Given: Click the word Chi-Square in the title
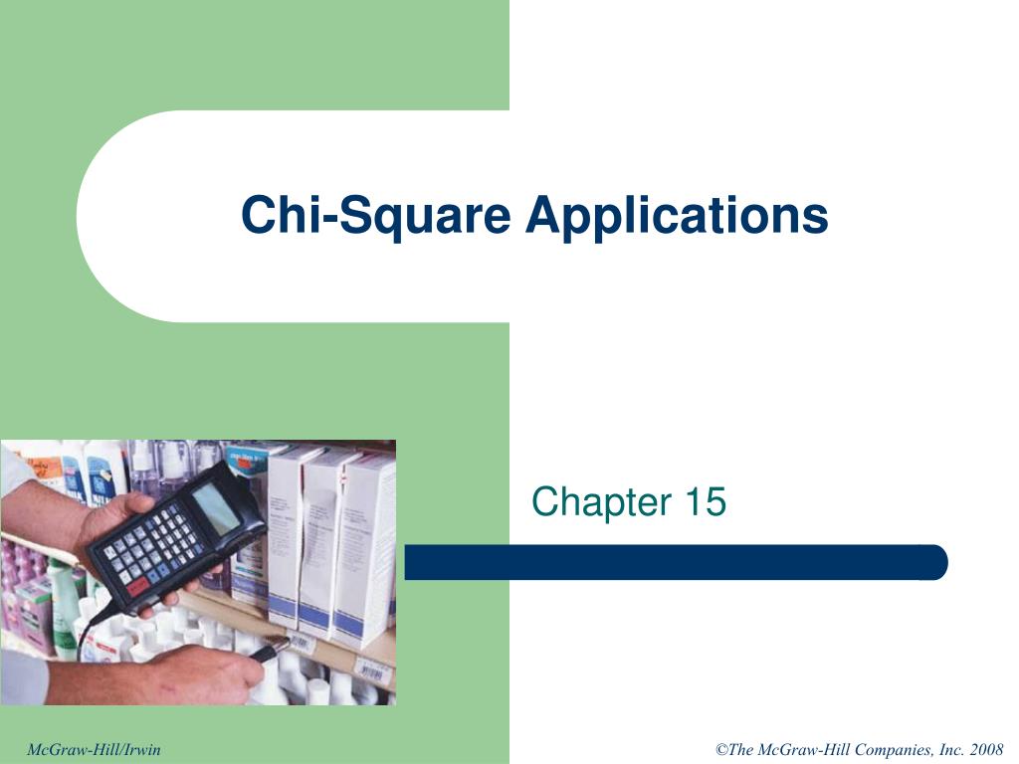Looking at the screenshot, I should pyautogui.click(x=377, y=215).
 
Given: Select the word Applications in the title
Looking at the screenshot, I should pyautogui.click(x=677, y=215).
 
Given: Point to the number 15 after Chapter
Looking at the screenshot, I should pyautogui.click(x=704, y=502).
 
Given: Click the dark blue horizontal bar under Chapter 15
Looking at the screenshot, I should pyautogui.click(x=676, y=562).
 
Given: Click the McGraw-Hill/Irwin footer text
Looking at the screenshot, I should pyautogui.click(x=94, y=749).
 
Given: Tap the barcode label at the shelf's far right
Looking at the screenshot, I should pyautogui.click(x=376, y=673).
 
